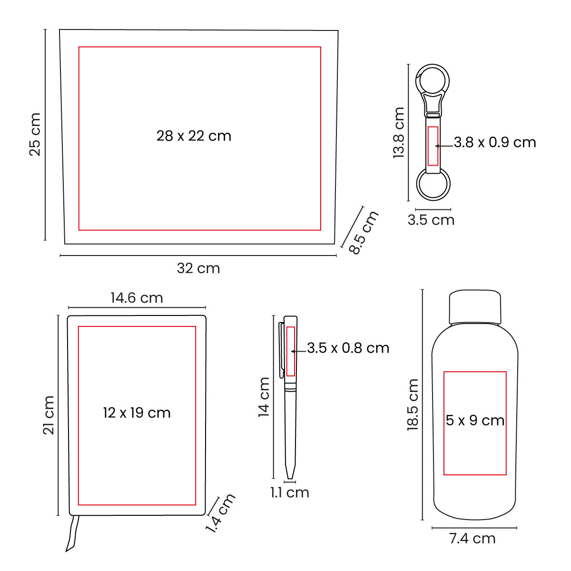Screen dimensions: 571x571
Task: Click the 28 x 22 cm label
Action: coord(194,136)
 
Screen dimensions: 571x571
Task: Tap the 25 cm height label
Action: coord(35,134)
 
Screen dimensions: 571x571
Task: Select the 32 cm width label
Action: coord(198,268)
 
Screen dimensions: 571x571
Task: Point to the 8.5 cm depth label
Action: coord(364,232)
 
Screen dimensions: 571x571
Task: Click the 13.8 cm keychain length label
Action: coord(399,132)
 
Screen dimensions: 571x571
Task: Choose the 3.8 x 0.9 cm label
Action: coord(495,143)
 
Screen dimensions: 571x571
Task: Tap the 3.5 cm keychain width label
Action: coord(431,220)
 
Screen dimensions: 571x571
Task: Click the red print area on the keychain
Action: coord(433,146)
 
